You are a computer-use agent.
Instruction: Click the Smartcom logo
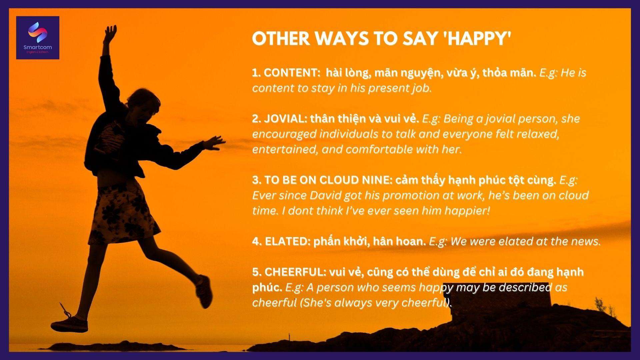[x=38, y=38]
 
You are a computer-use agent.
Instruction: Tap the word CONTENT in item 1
[x=291, y=73]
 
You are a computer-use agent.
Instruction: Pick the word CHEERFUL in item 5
[x=295, y=272]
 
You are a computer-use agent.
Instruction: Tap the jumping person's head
[x=140, y=105]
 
